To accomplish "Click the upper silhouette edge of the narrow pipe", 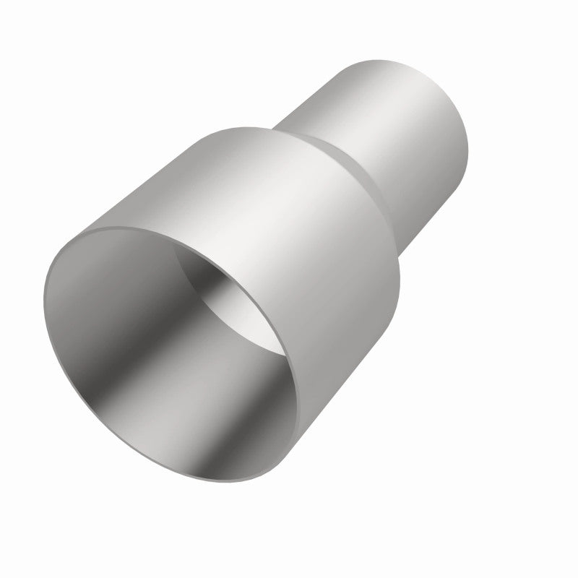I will tap(318, 79).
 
